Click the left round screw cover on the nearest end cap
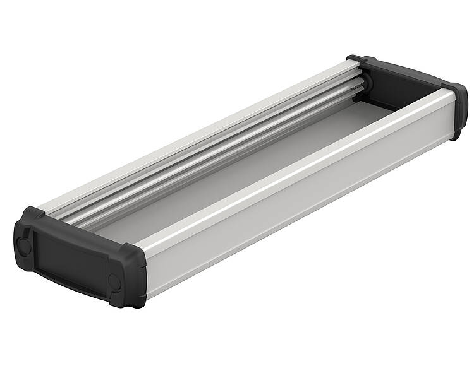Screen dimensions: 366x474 pos(25,245)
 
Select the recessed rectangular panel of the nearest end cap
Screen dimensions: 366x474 pos(68,263)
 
